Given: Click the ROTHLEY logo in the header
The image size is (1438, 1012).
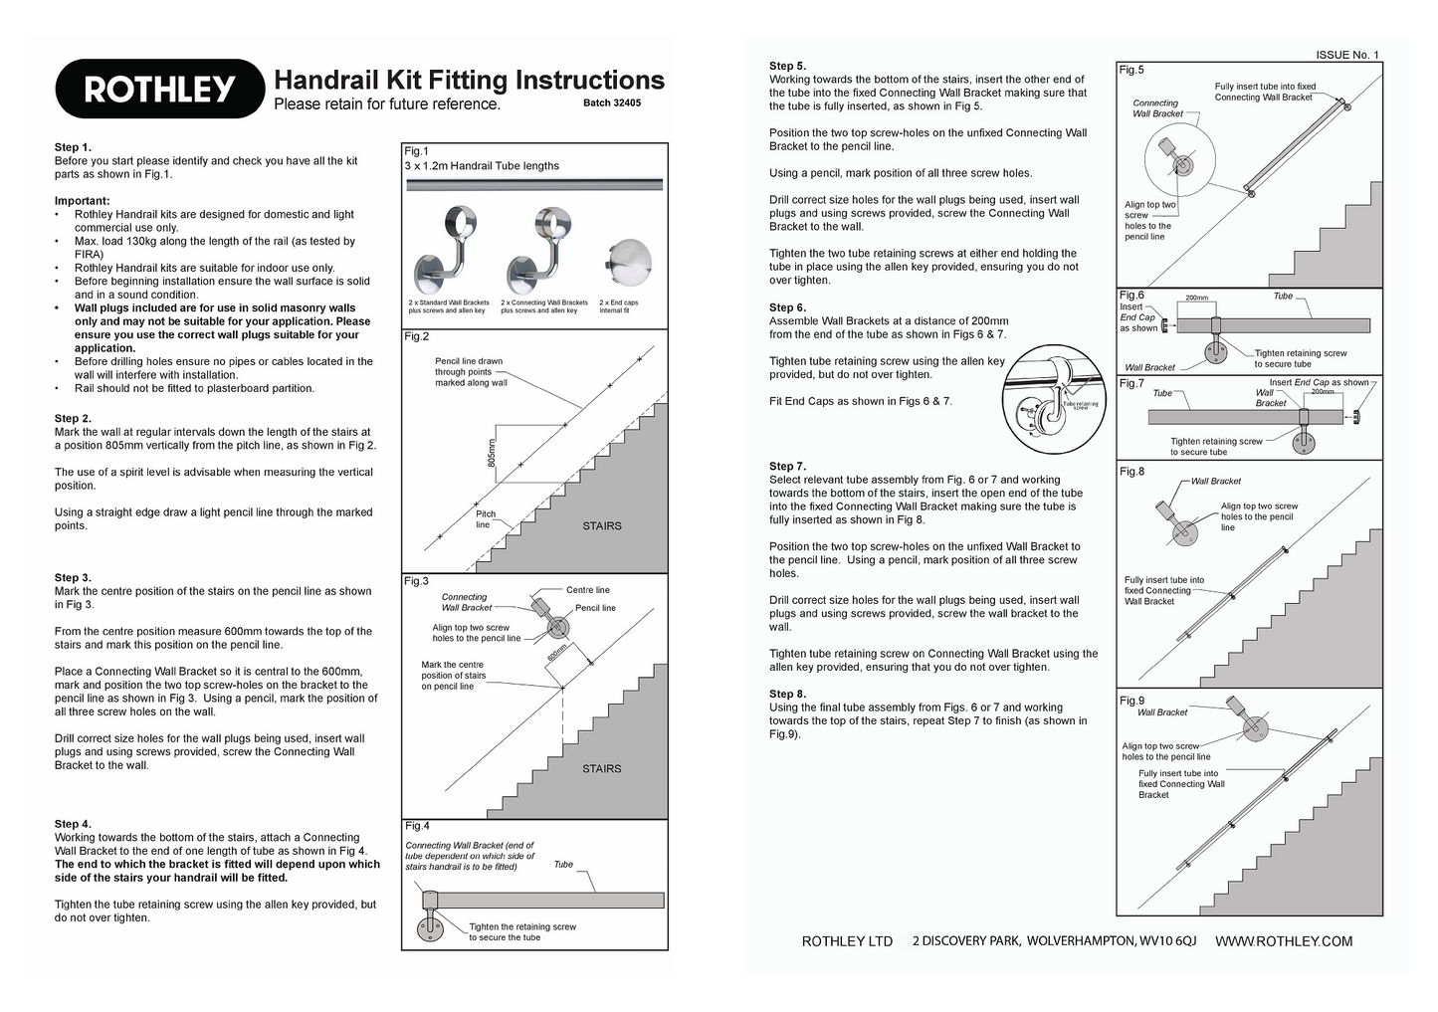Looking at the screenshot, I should (x=159, y=90).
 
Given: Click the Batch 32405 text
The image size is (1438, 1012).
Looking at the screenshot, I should (x=611, y=102).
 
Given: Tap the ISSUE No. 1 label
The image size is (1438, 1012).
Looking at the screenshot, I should (x=1347, y=55).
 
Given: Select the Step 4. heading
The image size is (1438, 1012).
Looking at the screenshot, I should (x=74, y=824).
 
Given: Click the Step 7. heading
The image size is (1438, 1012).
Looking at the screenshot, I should (x=788, y=466).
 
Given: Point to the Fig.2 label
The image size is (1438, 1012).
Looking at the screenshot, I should (x=416, y=336).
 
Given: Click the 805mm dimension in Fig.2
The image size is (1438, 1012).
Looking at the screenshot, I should (x=491, y=455).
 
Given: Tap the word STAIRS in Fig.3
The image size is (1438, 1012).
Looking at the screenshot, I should (x=601, y=768).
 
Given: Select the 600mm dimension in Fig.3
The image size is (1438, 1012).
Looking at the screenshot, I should (x=557, y=655).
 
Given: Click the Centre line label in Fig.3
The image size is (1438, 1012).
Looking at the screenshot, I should (x=587, y=590).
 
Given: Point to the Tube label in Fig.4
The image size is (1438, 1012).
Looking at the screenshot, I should (x=563, y=865).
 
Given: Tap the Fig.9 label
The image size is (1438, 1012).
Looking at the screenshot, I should (x=1131, y=701).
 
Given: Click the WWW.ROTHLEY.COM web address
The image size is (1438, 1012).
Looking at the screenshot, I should (x=1284, y=941).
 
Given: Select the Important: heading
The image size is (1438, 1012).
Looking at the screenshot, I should (x=82, y=201).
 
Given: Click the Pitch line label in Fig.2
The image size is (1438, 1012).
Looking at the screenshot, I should (x=485, y=519).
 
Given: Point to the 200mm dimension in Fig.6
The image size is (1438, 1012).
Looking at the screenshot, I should (x=1196, y=298).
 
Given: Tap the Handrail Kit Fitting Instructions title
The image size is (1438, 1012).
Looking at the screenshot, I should (x=469, y=80).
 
